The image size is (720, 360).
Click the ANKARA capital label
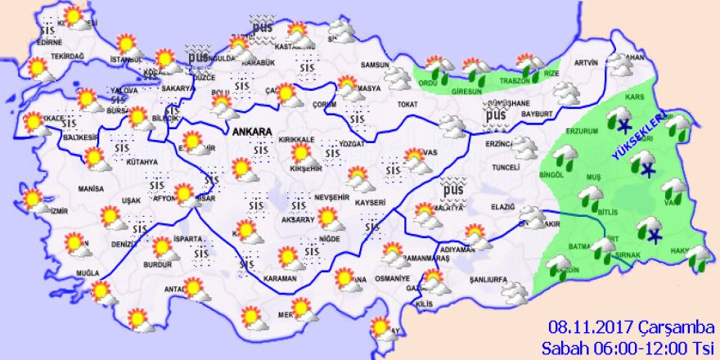[252, 131]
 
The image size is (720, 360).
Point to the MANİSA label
[67, 189]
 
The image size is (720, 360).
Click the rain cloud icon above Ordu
[439, 67]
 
